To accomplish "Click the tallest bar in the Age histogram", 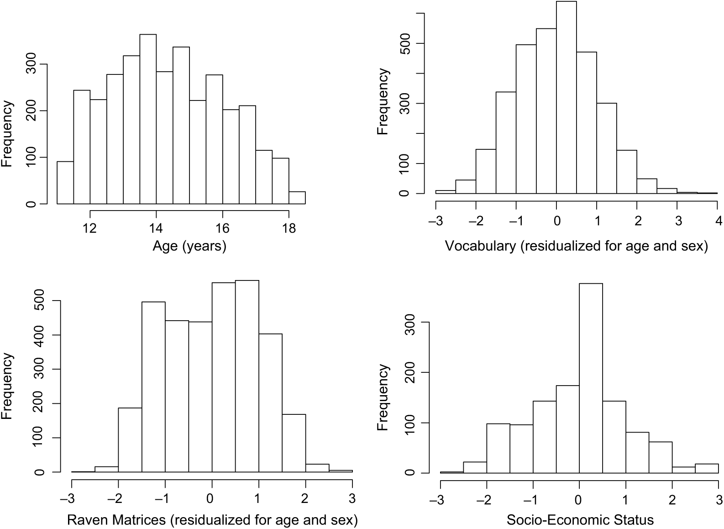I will coord(148,119).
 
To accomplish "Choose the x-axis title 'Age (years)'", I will coord(189,247).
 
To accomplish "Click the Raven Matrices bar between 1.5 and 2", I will coord(294,443).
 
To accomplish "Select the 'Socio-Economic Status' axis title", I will coord(580,520).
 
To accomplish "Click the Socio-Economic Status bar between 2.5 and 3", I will coord(706,469).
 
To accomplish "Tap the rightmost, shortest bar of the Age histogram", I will coord(297,197).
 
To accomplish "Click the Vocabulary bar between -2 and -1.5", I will coord(486,171).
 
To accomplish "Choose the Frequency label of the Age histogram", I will coord(8,134).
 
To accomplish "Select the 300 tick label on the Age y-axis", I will coord(30,64).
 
